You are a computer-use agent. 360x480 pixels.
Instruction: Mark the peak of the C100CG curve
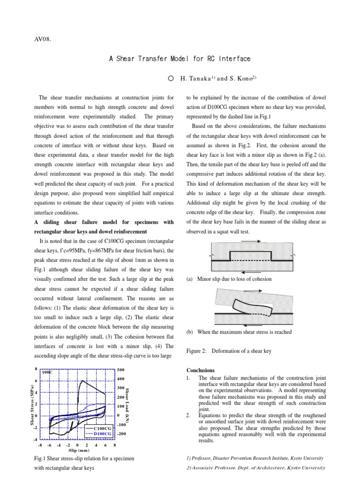82,381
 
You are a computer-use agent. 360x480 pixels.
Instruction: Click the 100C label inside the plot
47,372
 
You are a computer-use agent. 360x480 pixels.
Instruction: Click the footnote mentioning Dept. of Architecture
256,468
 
